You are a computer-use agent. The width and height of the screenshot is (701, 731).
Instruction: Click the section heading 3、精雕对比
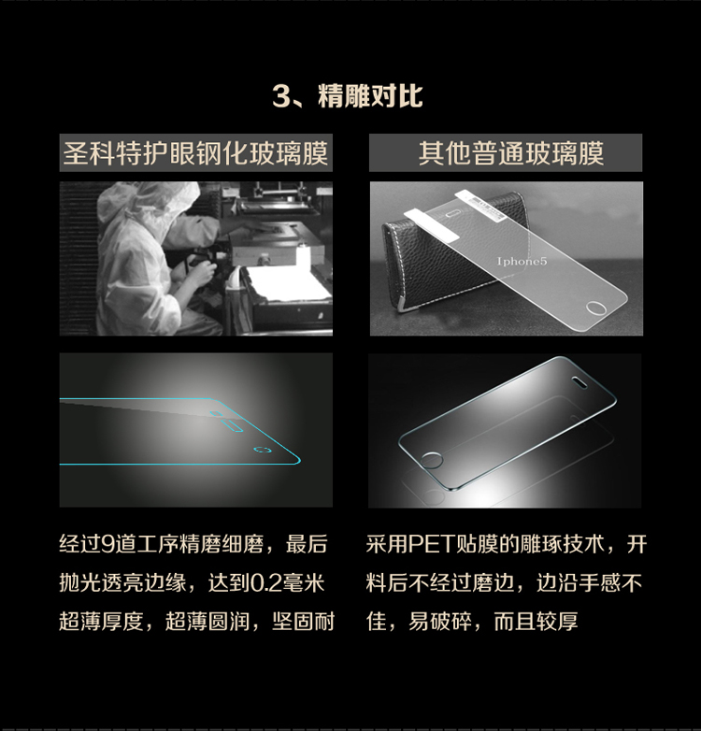click(348, 96)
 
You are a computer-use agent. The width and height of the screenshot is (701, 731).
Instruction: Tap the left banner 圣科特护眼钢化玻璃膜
click(195, 153)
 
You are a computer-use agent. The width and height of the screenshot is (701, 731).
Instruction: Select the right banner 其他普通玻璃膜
click(506, 153)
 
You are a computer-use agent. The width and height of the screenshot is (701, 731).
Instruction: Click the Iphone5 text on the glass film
click(522, 261)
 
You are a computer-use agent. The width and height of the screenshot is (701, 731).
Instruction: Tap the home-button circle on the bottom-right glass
click(431, 460)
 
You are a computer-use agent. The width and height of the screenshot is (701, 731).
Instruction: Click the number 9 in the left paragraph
click(107, 545)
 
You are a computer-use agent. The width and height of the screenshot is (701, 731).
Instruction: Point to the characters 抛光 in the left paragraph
click(80, 583)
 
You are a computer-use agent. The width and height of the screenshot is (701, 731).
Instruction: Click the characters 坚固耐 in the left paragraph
click(304, 622)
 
